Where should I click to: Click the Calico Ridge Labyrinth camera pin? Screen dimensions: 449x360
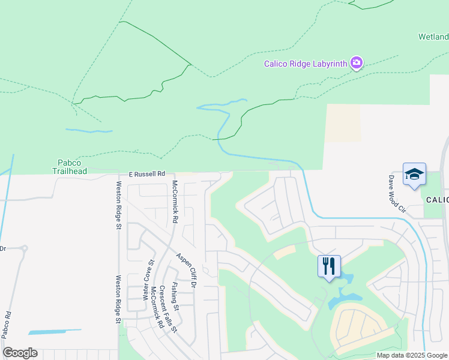(x=357, y=63)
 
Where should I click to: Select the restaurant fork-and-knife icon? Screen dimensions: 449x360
(x=329, y=266)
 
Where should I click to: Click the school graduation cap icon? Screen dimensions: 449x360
(x=414, y=174)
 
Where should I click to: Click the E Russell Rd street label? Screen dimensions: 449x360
(x=147, y=174)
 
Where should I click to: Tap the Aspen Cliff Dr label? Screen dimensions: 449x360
(x=186, y=271)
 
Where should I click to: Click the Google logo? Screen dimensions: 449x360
(x=20, y=353)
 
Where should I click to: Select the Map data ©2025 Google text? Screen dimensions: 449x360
(x=411, y=355)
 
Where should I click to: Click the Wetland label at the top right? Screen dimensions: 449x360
(x=433, y=37)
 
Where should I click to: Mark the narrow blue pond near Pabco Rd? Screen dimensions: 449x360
(x=55, y=331)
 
